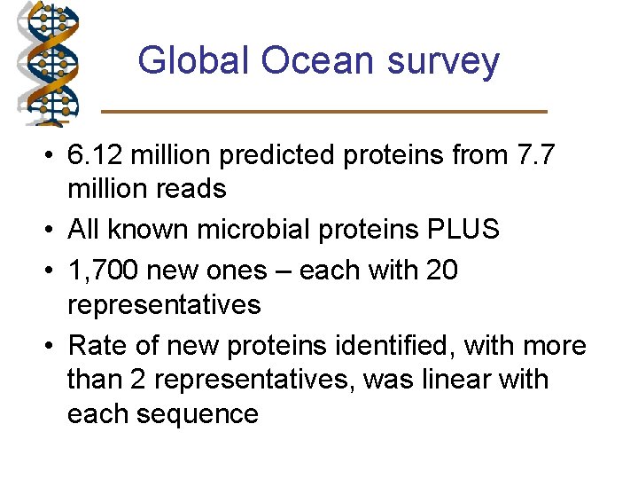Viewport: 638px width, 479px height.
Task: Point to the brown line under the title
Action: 324,111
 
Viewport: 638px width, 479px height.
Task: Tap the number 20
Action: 440,269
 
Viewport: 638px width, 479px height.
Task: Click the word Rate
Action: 99,345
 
